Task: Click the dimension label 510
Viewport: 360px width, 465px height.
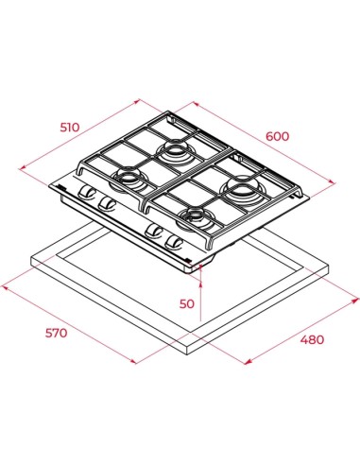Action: point(70,128)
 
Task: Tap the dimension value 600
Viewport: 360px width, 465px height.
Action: point(277,136)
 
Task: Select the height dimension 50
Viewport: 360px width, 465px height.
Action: point(187,303)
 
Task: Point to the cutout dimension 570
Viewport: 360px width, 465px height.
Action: point(56,333)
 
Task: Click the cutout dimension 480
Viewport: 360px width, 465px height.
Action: point(312,339)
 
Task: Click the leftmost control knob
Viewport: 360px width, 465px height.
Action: point(86,193)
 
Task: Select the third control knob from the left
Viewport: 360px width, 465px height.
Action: point(154,231)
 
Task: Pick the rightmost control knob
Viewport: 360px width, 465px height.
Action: point(174,242)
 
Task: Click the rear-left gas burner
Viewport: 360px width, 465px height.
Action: point(174,149)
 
